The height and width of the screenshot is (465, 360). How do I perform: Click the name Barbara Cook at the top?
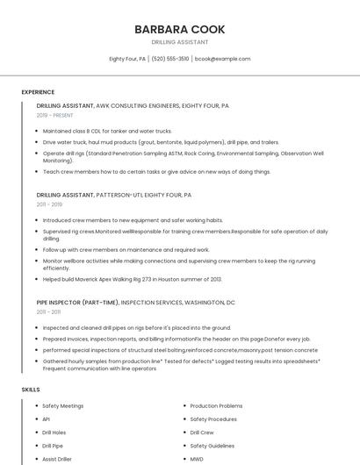click(179, 29)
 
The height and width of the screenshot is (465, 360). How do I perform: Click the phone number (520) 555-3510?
click(170, 59)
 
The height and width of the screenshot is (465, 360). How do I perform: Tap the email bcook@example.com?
click(222, 59)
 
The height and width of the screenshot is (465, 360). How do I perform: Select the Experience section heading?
click(38, 92)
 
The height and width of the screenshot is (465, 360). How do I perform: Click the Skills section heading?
click(31, 389)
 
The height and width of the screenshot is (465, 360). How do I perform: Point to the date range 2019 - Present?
click(55, 115)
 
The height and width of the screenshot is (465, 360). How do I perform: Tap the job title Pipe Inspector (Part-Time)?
click(79, 302)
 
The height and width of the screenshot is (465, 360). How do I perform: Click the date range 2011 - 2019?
click(49, 204)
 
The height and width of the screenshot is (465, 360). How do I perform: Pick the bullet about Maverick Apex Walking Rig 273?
click(133, 279)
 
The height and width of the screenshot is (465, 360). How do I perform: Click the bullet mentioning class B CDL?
click(107, 131)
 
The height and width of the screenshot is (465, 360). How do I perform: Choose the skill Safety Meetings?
click(63, 406)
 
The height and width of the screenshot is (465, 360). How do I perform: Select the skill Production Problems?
click(216, 406)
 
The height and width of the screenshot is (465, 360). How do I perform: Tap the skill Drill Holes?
click(54, 433)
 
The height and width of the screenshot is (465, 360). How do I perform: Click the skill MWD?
click(197, 459)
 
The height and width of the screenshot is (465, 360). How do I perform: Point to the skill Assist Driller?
click(57, 459)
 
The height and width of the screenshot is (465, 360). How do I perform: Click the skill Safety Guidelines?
click(212, 446)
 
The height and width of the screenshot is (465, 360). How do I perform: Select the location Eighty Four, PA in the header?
click(127, 59)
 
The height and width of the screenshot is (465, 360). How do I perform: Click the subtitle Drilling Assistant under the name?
click(180, 42)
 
